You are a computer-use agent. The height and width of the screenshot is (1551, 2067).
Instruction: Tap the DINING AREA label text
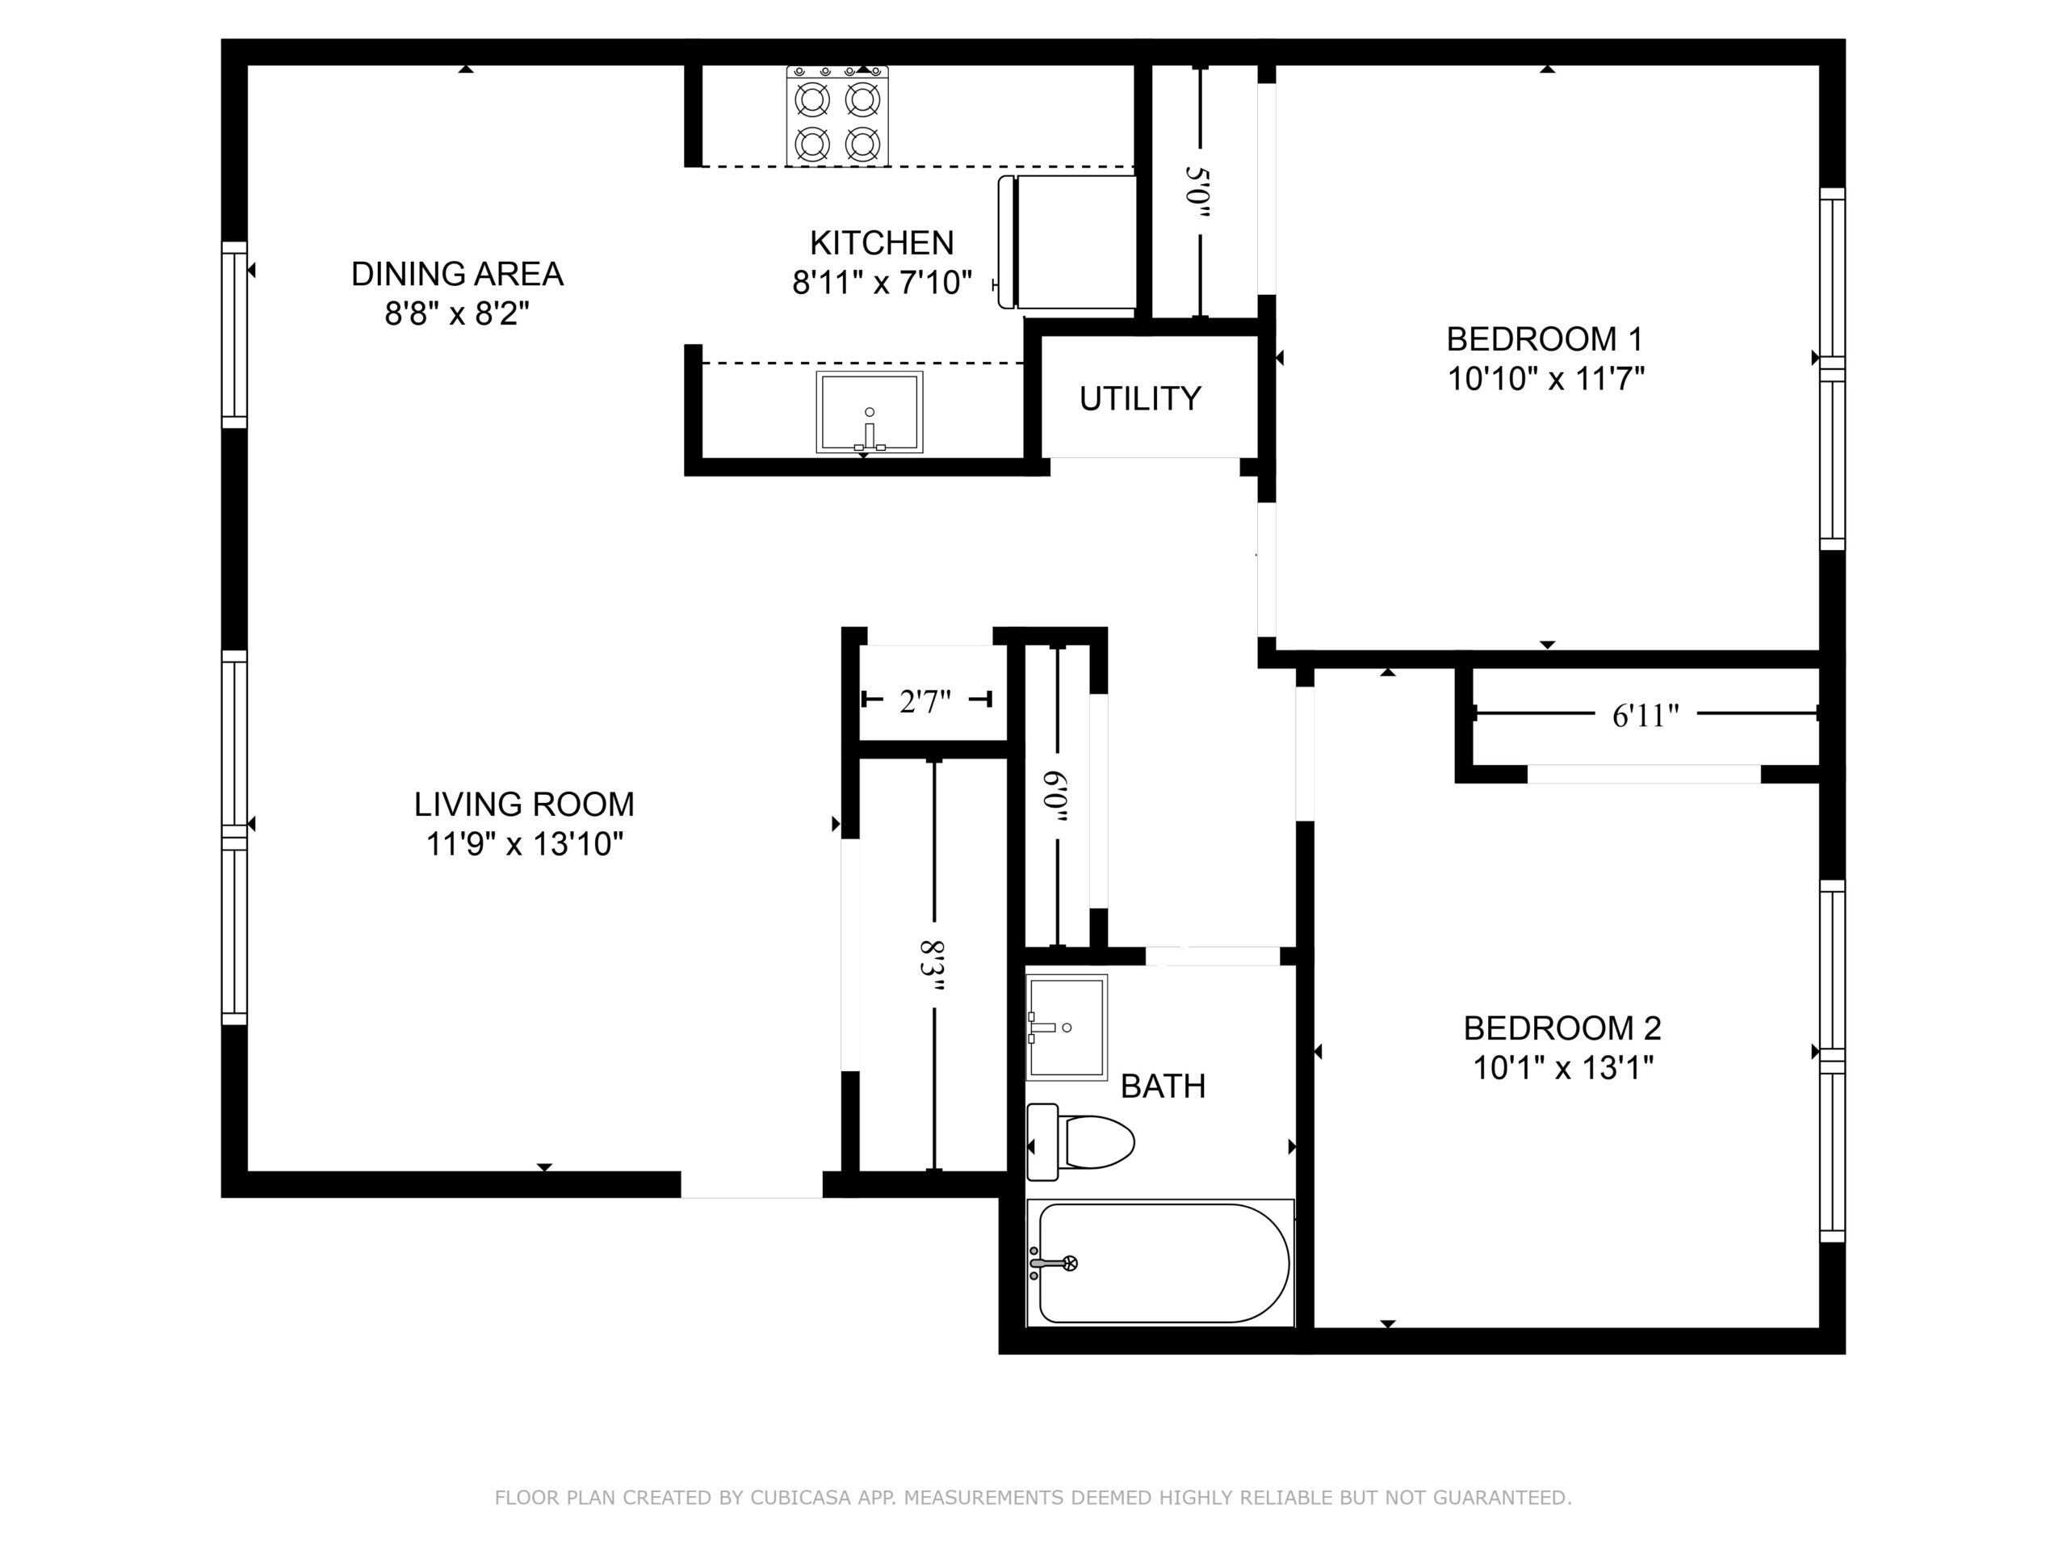coord(457,274)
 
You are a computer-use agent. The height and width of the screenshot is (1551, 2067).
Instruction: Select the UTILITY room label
coord(1140,399)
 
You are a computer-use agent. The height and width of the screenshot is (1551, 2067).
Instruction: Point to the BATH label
coord(1163,1087)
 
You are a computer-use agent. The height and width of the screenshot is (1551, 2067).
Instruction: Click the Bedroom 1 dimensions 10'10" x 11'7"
coord(1545,379)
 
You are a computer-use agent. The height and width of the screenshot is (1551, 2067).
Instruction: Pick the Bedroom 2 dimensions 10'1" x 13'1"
coord(1563,1068)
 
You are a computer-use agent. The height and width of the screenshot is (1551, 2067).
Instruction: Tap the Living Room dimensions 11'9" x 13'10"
coord(524,844)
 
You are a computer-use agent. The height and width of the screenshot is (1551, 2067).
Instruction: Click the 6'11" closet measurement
coord(1646,717)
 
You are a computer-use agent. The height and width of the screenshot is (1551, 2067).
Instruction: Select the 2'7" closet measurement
coord(925,701)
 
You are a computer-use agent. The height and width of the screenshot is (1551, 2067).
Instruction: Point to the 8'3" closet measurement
coord(933,969)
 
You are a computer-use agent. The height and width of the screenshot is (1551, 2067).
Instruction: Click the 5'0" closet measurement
coord(1197,191)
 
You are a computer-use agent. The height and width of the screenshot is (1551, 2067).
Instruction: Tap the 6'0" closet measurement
coord(1056,797)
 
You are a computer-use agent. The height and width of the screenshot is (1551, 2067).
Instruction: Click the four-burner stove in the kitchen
coord(837,116)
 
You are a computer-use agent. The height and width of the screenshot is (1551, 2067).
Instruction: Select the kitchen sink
coord(869,412)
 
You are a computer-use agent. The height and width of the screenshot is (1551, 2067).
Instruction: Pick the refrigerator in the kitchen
coord(1067,242)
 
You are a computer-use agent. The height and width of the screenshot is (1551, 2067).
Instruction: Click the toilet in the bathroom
coord(1080,1141)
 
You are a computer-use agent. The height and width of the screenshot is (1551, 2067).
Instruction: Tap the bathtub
coord(1160,1263)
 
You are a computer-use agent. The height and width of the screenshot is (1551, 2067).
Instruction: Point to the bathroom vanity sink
coord(1067,1028)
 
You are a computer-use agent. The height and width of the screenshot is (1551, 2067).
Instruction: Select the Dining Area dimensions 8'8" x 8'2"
coord(457,313)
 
